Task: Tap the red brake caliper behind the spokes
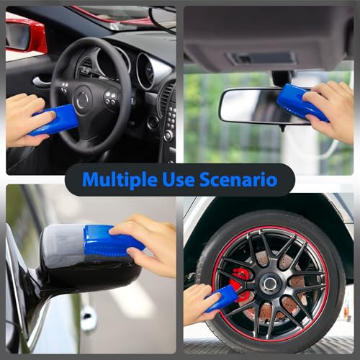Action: coord(240,285)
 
